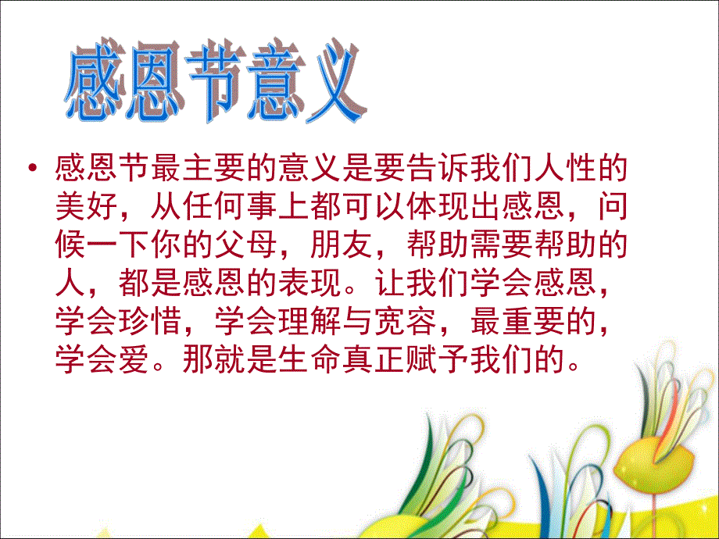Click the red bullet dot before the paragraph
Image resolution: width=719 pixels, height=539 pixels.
point(33,170)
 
